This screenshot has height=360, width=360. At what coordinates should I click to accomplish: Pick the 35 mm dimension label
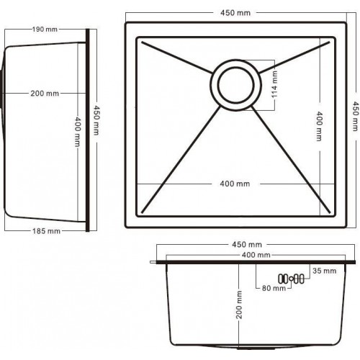point(325,271)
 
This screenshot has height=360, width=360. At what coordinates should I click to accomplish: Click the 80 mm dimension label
point(273,289)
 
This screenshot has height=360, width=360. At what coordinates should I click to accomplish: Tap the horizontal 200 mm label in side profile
point(45,94)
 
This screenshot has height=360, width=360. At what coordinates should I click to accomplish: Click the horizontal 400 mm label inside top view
point(235,184)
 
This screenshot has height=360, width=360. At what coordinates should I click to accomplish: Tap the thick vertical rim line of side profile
point(88,130)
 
